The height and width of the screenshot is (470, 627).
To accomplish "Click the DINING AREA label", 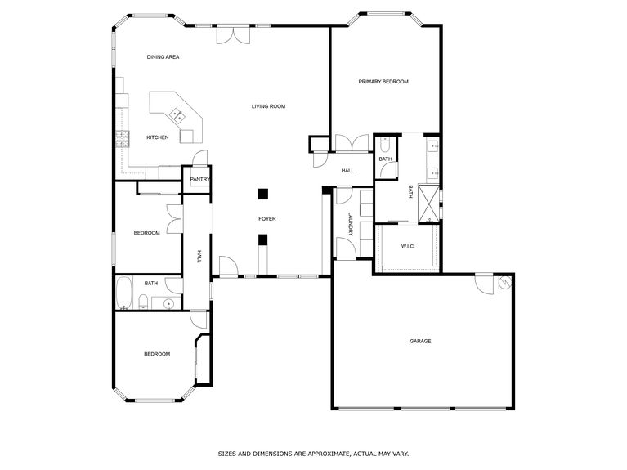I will tap(163, 57).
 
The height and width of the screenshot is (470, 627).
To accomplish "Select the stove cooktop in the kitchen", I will tap(123, 137).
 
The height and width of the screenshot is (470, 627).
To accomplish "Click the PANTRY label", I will tap(199, 179).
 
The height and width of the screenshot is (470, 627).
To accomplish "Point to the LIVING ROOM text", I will tap(267, 106).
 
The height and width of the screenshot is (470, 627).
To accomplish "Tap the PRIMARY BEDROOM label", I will tap(383, 82).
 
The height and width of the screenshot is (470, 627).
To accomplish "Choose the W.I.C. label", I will tap(408, 246).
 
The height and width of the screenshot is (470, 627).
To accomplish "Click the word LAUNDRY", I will tap(350, 225).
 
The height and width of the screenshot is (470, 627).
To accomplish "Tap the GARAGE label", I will tap(420, 341).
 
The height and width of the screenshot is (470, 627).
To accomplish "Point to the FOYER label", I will tap(266, 219).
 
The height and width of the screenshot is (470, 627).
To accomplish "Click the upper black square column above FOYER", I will tap(262, 194).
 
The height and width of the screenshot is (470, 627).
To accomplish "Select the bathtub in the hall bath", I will tap(124, 293).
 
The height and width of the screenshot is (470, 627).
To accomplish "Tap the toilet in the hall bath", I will tap(144, 305).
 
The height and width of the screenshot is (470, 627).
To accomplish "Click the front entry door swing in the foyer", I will tap(229, 266).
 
